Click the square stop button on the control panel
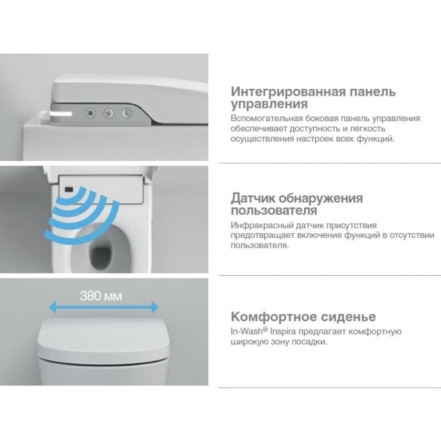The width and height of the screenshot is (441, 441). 90,114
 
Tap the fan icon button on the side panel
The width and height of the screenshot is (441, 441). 109,114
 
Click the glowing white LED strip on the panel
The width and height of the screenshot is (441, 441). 61,114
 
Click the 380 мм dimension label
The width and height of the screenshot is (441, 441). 101,296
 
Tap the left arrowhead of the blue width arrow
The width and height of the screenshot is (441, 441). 52,307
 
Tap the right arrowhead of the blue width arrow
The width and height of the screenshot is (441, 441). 155,307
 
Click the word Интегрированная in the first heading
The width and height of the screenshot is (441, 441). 288,92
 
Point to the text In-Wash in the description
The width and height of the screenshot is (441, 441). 246,331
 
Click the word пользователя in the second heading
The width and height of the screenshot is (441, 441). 273,211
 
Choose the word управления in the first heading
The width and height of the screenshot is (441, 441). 269,104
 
